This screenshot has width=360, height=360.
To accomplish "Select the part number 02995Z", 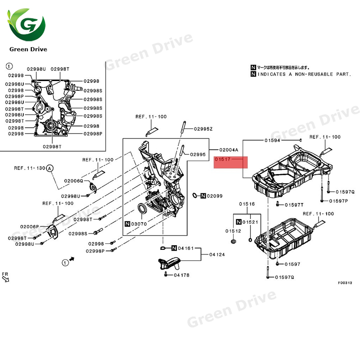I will [203, 129].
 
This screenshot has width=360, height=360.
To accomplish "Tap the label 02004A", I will [229, 149].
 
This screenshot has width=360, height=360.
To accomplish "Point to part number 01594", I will [272, 141].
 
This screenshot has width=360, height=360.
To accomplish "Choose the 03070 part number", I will [138, 224].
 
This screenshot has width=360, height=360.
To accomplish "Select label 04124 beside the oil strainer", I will [217, 255].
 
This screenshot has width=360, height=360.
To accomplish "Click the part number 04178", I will [181, 274].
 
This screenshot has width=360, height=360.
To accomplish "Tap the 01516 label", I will [247, 204].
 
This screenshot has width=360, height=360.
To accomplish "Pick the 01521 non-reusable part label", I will [250, 222].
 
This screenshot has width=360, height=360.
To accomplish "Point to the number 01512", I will [234, 231].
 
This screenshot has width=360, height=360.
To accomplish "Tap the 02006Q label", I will [73, 180].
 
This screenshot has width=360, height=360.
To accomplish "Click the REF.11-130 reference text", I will [30, 168].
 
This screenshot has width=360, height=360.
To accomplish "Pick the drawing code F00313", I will [345, 283].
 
